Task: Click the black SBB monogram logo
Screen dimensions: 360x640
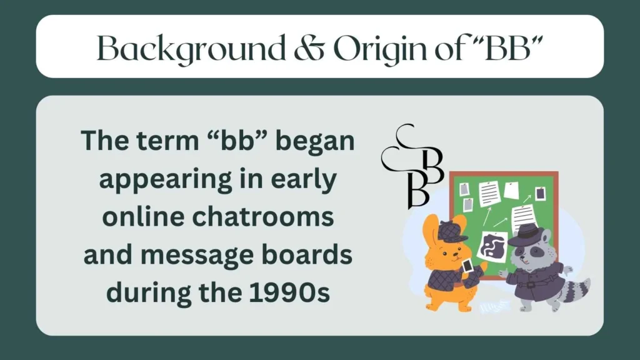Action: [412, 166]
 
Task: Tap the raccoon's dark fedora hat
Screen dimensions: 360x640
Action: [527, 234]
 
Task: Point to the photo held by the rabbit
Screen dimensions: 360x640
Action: [467, 266]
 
